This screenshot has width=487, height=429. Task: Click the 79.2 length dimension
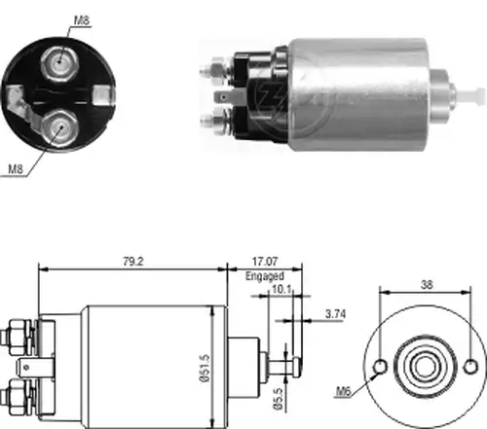point(133,262)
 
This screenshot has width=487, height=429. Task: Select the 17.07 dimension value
point(265,262)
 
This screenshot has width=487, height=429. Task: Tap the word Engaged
point(265,276)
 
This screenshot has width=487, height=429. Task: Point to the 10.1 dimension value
point(281,289)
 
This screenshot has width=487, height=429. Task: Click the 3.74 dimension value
point(336,314)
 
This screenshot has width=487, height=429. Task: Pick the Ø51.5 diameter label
point(206,369)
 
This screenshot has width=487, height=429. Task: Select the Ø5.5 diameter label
point(279,398)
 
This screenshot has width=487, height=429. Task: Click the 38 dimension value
point(427,285)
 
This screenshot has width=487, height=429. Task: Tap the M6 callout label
point(344,392)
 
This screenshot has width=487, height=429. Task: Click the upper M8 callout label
point(82,20)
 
